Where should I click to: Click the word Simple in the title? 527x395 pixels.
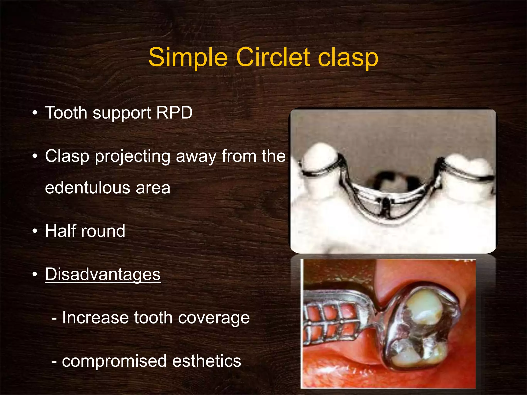[x=188, y=57]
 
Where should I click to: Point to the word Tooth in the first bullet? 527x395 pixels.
[x=66, y=113]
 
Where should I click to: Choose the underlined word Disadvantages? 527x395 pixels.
[x=103, y=274]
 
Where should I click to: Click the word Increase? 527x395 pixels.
[x=95, y=318]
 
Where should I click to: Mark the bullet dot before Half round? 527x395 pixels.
[x=35, y=231]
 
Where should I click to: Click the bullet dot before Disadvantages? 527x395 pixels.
[x=35, y=274]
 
